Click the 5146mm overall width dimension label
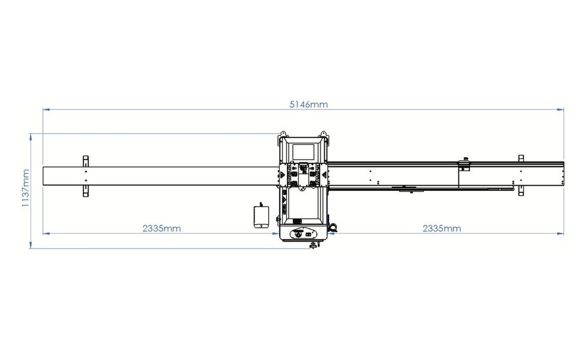pyautogui.click(x=308, y=104)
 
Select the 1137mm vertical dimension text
pyautogui.click(x=26, y=188)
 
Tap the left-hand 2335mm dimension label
pyautogui.click(x=161, y=228)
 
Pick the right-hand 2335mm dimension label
pyautogui.click(x=442, y=228)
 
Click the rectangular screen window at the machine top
pyautogui.click(x=303, y=152)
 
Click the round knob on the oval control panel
pyautogui.click(x=298, y=235)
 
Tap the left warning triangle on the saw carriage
pyautogui.click(x=282, y=175)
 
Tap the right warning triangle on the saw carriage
pyautogui.click(x=324, y=175)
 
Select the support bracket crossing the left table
pyautogui.click(x=85, y=176)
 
